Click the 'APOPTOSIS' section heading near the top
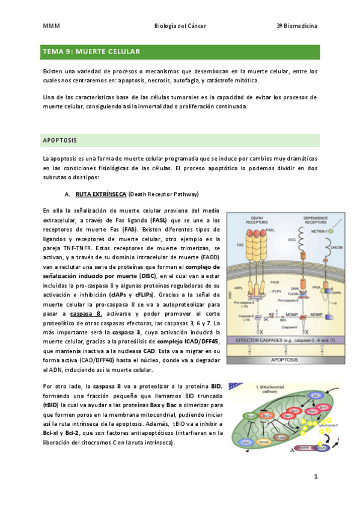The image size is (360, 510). tap(60, 140)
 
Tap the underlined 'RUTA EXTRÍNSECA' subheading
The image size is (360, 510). tap(100, 194)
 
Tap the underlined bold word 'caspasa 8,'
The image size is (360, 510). tap(86, 314)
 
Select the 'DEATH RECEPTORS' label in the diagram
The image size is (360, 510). tap(257, 221)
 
